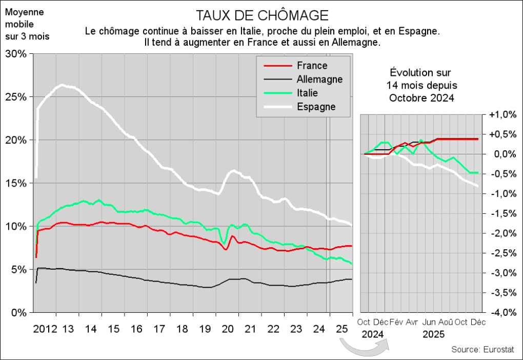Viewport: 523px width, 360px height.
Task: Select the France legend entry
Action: coord(311,66)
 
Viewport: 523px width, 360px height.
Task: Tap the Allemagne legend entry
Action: coord(319,79)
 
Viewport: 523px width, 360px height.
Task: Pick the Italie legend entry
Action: coord(307,93)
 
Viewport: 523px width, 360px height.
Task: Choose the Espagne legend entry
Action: coord(316,107)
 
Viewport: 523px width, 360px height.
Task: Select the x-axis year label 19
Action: coord(205,328)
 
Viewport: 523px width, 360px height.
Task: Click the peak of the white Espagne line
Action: coord(62,85)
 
